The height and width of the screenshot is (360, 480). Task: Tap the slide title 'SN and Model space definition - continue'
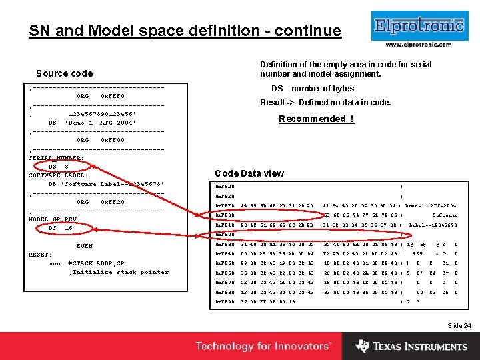click(185, 31)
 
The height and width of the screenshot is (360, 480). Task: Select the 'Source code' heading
click(64, 73)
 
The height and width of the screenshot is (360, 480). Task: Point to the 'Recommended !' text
click(316, 119)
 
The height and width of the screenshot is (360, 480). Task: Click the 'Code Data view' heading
click(249, 173)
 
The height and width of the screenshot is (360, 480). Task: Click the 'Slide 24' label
click(459, 325)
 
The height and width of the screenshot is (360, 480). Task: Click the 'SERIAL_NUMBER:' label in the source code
click(56, 158)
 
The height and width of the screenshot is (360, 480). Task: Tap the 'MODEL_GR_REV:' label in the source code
click(54, 219)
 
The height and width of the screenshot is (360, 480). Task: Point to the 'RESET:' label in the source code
click(40, 255)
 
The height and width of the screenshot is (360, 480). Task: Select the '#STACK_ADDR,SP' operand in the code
click(96, 263)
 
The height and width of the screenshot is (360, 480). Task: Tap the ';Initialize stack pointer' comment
click(119, 272)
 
